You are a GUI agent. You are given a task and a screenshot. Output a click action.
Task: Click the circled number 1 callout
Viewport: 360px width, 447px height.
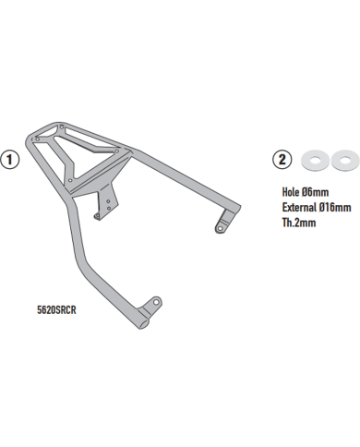[x=10, y=160]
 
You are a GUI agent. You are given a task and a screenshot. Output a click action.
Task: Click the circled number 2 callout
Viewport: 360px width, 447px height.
[x=282, y=160]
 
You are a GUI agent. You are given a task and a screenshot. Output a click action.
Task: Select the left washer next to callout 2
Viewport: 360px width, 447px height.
[x=315, y=160]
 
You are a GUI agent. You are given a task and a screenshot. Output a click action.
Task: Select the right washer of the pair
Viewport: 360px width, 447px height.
[x=344, y=160]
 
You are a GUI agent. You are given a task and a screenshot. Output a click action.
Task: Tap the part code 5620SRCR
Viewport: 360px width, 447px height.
[x=56, y=309]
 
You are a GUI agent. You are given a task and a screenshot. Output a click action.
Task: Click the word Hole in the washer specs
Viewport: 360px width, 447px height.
[x=291, y=192]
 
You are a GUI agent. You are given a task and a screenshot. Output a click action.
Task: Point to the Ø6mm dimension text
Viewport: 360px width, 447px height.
[x=315, y=192]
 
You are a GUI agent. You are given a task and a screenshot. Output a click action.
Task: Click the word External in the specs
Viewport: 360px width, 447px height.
[x=299, y=207]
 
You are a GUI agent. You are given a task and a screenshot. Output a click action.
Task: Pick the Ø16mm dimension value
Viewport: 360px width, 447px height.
[x=335, y=207]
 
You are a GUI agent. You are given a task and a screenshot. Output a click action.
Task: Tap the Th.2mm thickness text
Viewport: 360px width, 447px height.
[x=299, y=223]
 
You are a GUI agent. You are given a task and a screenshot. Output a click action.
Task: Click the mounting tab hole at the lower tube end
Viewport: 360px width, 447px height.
[x=156, y=302]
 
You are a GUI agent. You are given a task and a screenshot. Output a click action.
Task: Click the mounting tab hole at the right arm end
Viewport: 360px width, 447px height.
[x=220, y=228]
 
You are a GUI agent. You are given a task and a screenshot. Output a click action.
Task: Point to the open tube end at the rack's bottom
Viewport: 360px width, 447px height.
[x=143, y=324]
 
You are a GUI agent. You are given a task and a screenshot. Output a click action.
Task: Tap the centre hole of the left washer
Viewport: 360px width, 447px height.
[x=315, y=160]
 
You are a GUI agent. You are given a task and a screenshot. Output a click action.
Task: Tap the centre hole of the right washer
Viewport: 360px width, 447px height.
[x=344, y=160]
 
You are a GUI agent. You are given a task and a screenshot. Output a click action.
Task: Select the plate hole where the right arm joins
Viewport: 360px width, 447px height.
[x=117, y=151]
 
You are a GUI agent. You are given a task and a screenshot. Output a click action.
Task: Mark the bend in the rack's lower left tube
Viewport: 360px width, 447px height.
[x=80, y=261]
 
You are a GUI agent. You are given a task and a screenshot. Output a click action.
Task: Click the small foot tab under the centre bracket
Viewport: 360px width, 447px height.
[x=97, y=216]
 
